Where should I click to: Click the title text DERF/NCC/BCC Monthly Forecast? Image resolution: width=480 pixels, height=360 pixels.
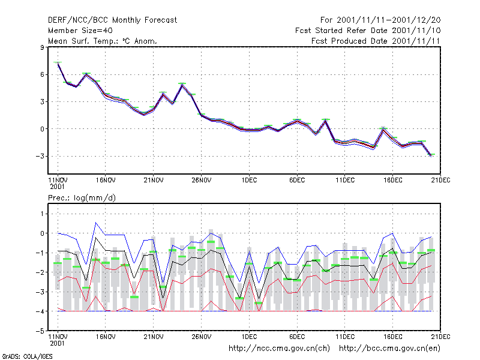(x=112, y=20)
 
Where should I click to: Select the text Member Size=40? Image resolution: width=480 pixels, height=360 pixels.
(x=80, y=31)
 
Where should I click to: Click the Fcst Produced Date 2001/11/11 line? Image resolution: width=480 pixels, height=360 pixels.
(x=376, y=41)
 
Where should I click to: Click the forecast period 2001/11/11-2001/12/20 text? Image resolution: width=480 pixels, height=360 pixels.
(x=389, y=20)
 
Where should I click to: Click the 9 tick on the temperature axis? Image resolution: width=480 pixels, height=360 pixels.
(x=42, y=47)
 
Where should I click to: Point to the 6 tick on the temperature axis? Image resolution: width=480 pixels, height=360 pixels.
(x=42, y=74)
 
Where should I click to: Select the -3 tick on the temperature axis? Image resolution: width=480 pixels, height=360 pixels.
(x=40, y=156)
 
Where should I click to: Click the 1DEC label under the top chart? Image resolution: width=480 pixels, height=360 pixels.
(x=249, y=180)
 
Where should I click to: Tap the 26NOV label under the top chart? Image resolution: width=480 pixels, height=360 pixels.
(x=202, y=180)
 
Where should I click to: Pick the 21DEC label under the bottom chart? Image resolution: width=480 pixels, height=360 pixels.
(x=440, y=337)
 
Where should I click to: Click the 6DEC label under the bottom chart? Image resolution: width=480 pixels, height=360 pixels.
(x=297, y=337)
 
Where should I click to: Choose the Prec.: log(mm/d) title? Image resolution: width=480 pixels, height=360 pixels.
(x=82, y=198)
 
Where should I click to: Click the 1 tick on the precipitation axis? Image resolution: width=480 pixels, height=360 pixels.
(x=42, y=214)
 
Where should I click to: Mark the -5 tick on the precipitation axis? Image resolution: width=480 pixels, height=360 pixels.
(x=40, y=331)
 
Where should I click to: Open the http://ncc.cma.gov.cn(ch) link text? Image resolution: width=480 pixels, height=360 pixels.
(x=279, y=349)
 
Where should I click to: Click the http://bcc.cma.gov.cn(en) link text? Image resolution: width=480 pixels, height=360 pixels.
(x=389, y=349)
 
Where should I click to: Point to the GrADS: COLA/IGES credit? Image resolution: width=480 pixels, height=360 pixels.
(x=27, y=356)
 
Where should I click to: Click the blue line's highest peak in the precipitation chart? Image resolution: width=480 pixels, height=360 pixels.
(x=96, y=223)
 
